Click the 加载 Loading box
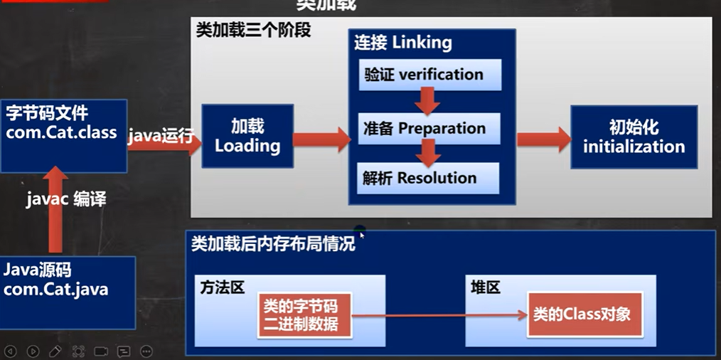click(x=247, y=136)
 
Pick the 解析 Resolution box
click(x=428, y=178)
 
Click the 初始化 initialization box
click(x=634, y=137)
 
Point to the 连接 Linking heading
click(x=403, y=43)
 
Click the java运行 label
click(x=161, y=136)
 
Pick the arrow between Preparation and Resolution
click(x=427, y=152)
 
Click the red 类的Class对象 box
click(x=584, y=314)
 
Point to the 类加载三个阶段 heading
click(x=253, y=31)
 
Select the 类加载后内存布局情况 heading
click(x=273, y=245)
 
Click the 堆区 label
click(x=485, y=287)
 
